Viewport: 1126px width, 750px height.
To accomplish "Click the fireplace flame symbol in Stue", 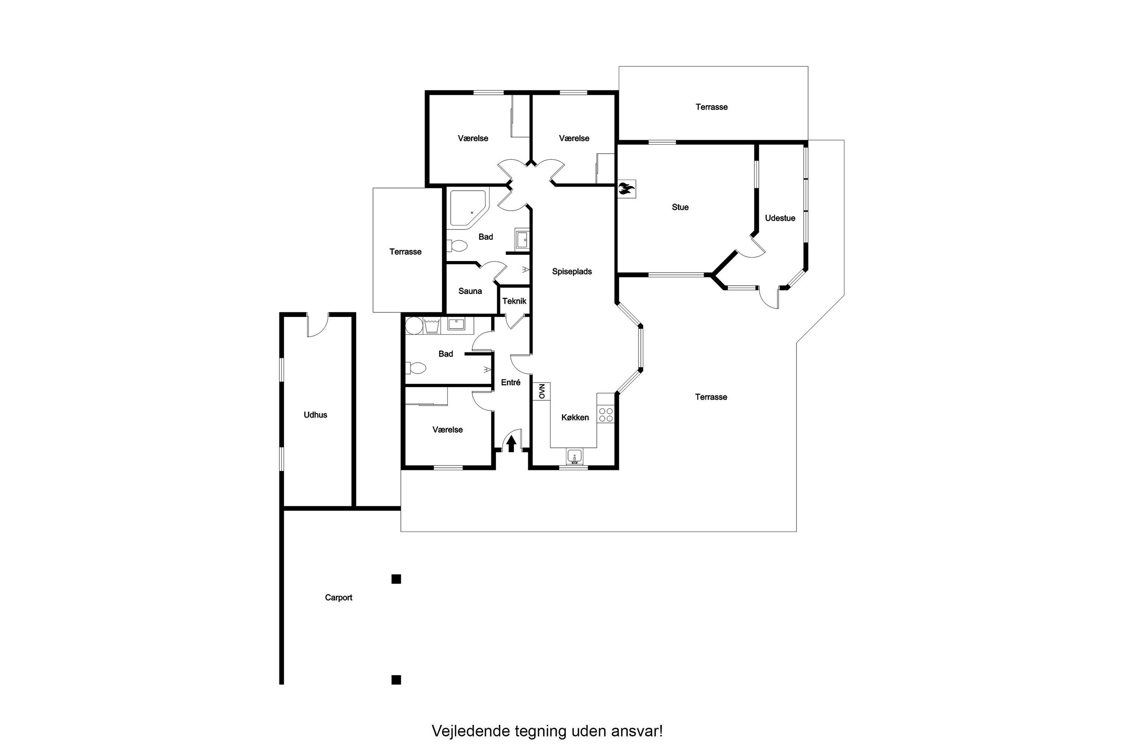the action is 626,189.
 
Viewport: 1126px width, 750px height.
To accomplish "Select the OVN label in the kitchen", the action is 542,391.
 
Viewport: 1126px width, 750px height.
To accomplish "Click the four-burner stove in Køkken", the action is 606,415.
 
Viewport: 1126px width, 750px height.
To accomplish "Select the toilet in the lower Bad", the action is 416,368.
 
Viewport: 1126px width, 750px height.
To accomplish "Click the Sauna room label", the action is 470,291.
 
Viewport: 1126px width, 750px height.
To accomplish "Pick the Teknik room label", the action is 514,301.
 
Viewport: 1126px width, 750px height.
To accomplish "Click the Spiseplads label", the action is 572,271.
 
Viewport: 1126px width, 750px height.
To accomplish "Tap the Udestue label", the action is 780,218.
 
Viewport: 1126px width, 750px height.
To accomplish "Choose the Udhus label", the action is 316,415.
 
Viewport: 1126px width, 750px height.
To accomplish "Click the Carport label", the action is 339,597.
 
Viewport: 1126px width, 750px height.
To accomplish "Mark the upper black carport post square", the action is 396,579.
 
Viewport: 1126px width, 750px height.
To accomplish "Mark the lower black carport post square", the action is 396,679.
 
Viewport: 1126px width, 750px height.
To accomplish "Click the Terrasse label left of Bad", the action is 405,252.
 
